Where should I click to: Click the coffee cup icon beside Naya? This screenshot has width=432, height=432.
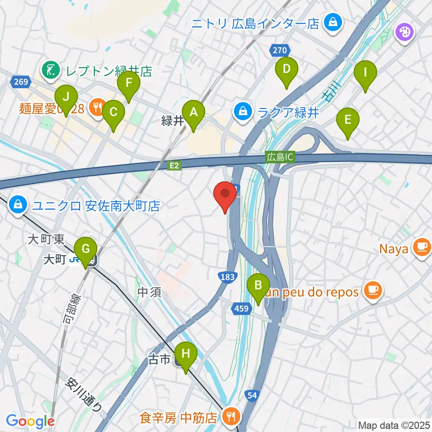(422, 247)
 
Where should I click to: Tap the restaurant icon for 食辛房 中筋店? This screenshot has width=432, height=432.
(231, 416)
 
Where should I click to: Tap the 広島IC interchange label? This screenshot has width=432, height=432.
(279, 157)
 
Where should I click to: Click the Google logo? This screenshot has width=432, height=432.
(30, 421)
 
